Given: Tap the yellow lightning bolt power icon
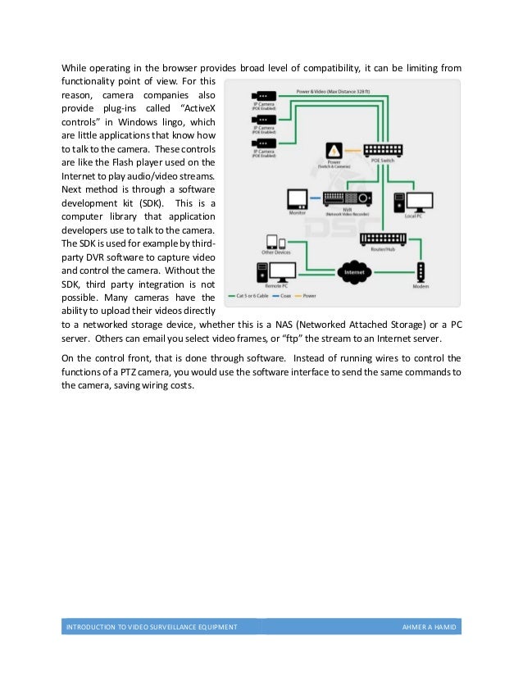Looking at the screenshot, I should [x=334, y=152].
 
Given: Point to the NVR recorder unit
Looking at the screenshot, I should [x=348, y=198].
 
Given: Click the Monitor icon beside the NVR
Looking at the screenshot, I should [x=297, y=200].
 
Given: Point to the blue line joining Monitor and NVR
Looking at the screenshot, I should [x=315, y=198].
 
